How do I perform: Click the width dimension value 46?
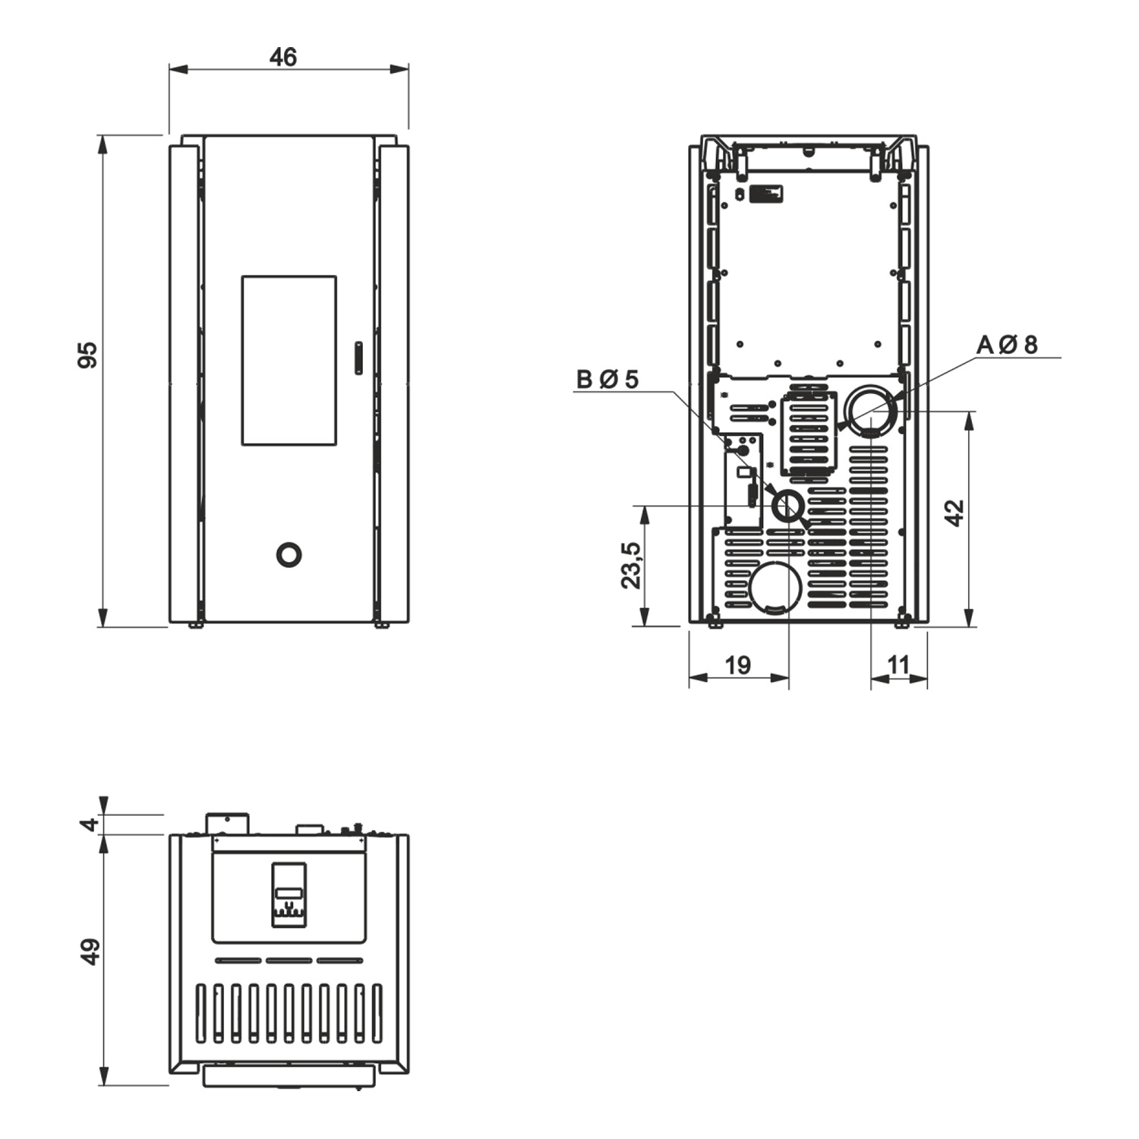coord(283,57)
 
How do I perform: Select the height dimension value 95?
coord(88,355)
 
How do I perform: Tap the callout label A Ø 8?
coord(1007,345)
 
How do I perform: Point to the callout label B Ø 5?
coord(607,379)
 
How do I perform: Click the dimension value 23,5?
coord(631,565)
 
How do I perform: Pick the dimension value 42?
coord(954,512)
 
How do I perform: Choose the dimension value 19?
coord(737,665)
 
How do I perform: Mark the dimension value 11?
coord(898,665)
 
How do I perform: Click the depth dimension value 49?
coord(90,951)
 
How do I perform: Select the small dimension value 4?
coord(91,824)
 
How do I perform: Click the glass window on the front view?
coord(289,361)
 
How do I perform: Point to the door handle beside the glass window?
coord(359,358)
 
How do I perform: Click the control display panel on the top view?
coord(289,894)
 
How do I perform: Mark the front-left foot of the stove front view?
coord(195,625)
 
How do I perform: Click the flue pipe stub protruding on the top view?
coord(226,823)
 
